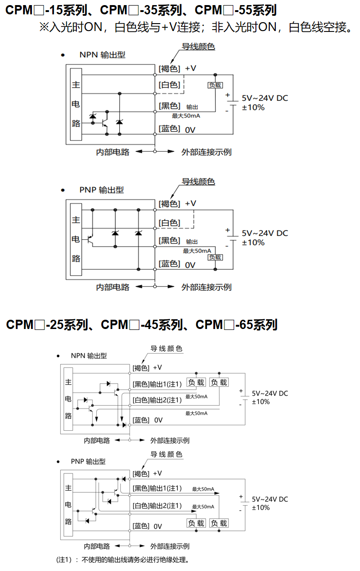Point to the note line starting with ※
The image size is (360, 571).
[x=194, y=27]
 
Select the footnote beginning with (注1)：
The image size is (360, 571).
[x=123, y=560]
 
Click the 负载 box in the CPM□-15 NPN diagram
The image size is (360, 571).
[x=215, y=85]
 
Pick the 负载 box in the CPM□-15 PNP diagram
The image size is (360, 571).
[x=215, y=257]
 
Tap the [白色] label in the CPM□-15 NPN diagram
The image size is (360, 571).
[x=169, y=85]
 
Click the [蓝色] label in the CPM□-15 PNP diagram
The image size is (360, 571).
[x=169, y=264]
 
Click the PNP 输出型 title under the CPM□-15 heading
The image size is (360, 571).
[x=102, y=190]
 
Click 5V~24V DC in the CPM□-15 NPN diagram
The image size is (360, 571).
[x=265, y=98]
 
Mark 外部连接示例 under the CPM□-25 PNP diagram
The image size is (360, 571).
[x=170, y=546]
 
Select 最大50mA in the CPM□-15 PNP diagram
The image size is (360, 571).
[x=197, y=251]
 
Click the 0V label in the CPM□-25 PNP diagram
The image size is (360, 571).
[x=158, y=526]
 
